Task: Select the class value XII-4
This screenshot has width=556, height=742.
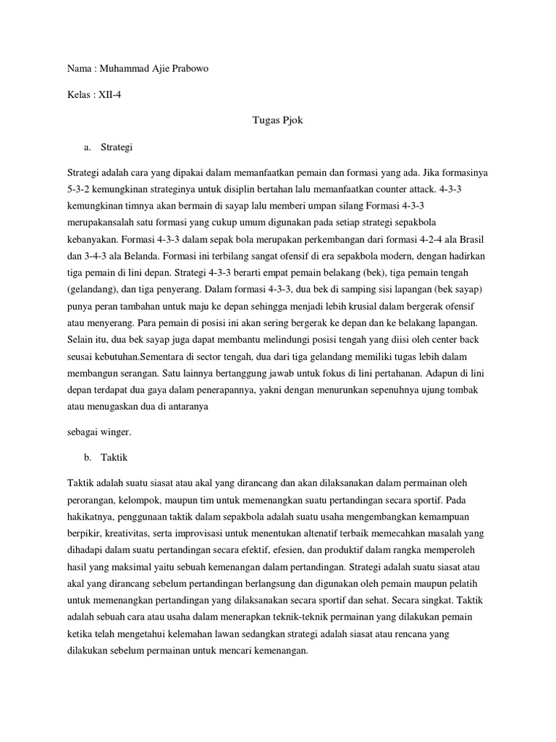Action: click(110, 94)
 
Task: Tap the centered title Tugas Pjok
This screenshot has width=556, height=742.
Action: click(277, 120)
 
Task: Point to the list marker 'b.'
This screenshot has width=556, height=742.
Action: click(88, 458)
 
